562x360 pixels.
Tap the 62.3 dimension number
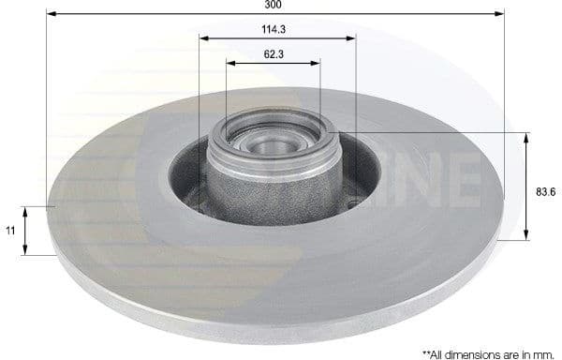pos(274,54)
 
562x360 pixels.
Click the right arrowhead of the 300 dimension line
pos(500,16)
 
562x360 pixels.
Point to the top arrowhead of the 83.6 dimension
pos(526,138)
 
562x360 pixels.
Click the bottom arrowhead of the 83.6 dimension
pos(526,235)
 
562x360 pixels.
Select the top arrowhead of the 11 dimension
pos(27,210)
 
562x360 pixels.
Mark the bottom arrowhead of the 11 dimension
pos(27,249)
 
